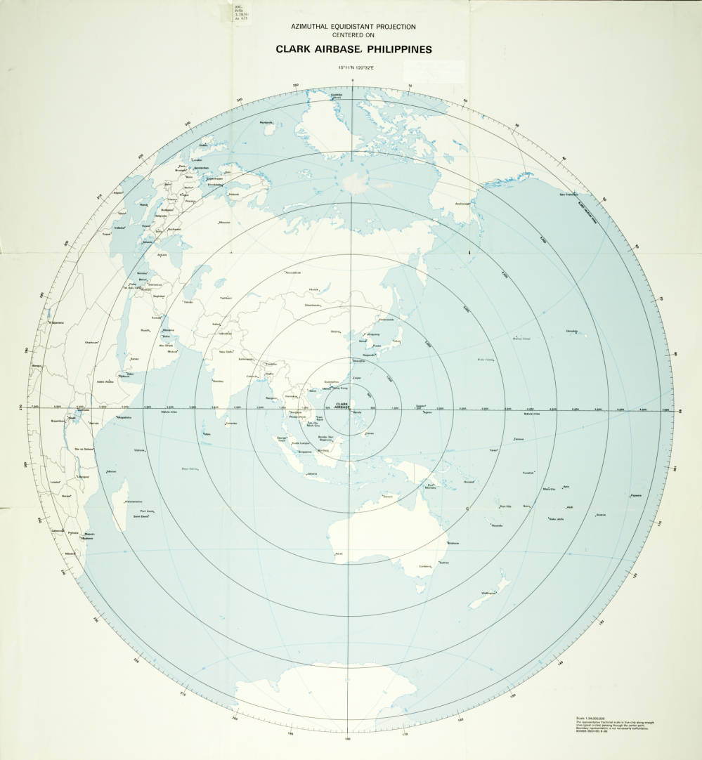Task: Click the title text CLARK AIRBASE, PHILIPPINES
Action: [x=353, y=50]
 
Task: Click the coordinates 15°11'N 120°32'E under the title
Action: [x=353, y=68]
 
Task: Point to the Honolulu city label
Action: [x=571, y=332]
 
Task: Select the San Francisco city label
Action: [x=568, y=194]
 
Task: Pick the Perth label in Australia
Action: [x=339, y=555]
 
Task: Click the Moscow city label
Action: [x=224, y=223]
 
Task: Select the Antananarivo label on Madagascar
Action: [x=134, y=502]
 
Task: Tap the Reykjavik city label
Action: [x=266, y=123]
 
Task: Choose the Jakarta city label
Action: [x=312, y=473]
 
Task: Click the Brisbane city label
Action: [x=453, y=544]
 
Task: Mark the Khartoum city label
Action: [x=91, y=342]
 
